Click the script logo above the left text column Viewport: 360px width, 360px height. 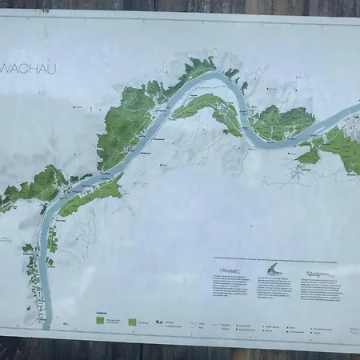click(x=226, y=272)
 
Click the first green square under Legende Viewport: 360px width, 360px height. click(x=101, y=320)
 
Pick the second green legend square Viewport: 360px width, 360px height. click(x=132, y=322)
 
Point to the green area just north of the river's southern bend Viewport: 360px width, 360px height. click(x=276, y=122)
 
